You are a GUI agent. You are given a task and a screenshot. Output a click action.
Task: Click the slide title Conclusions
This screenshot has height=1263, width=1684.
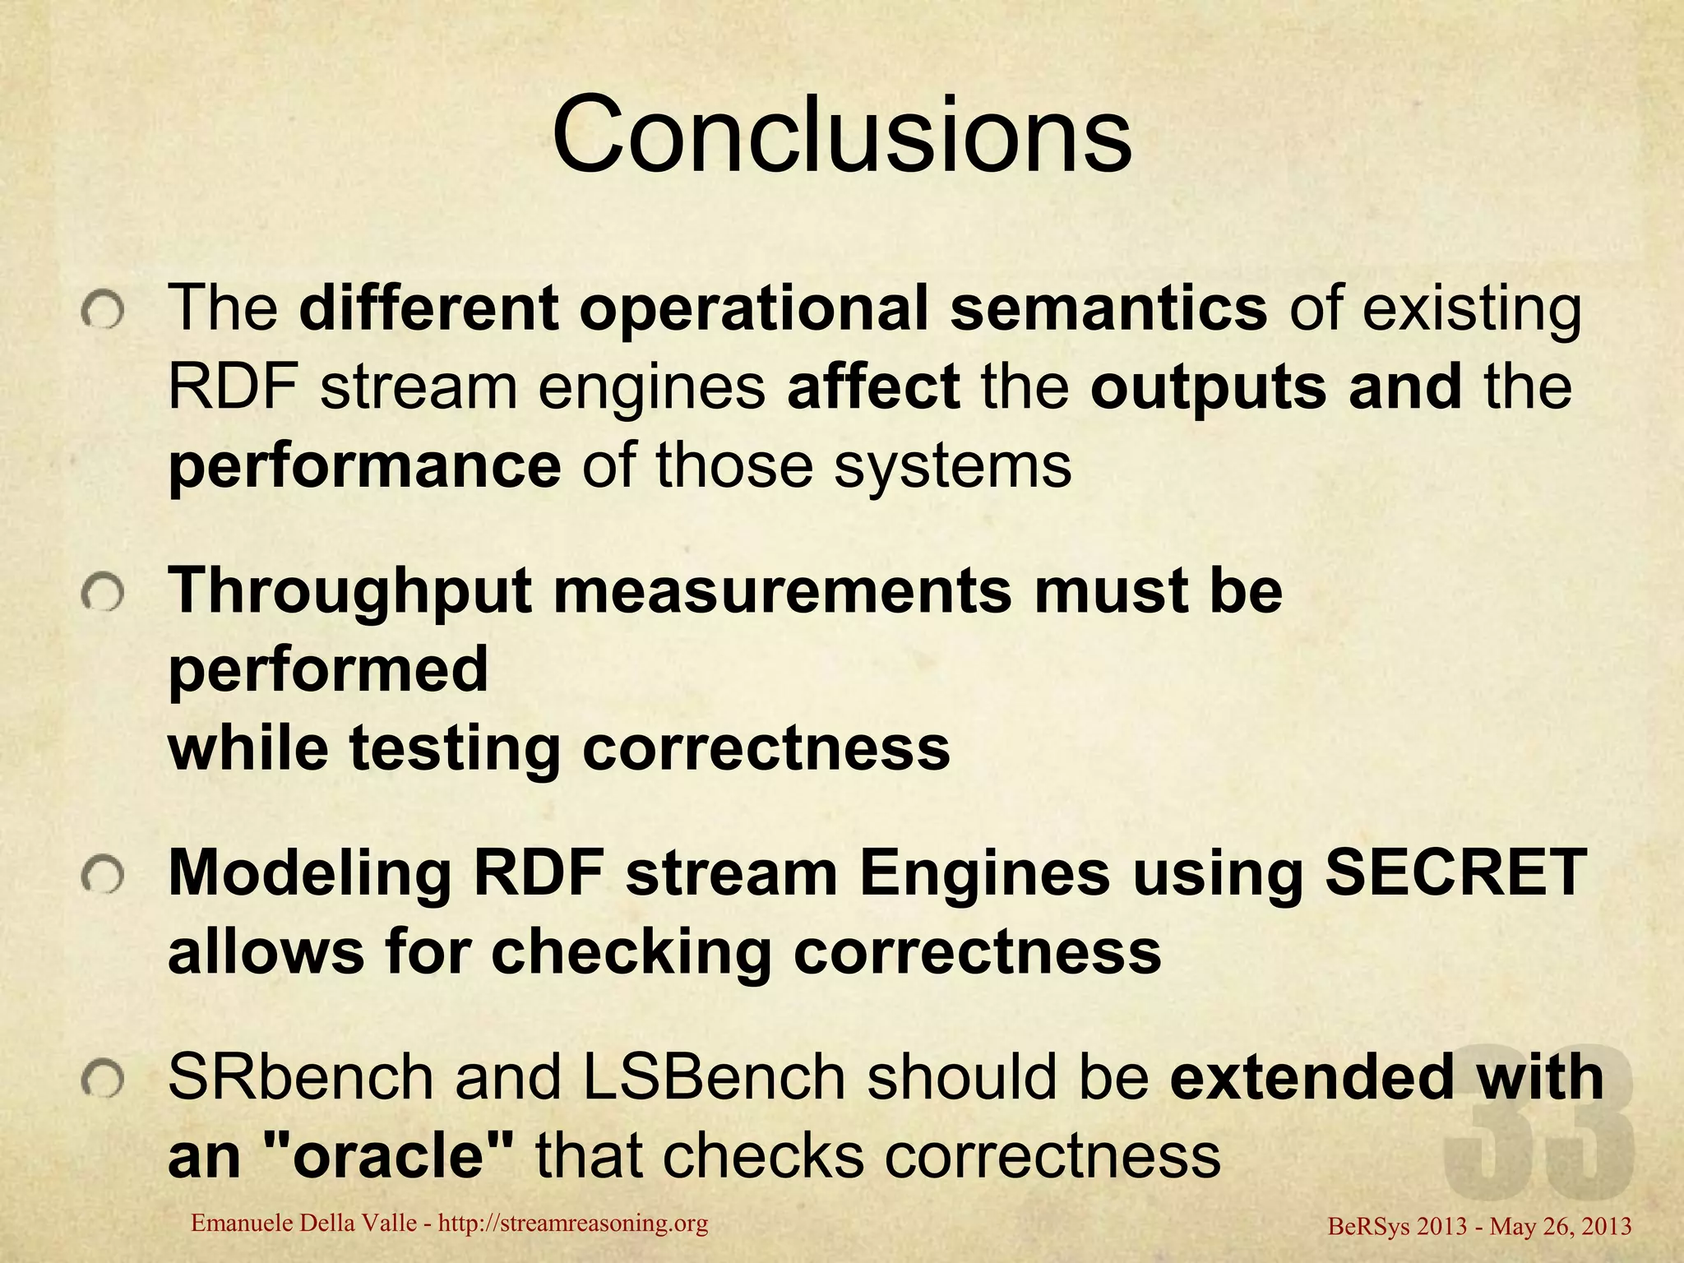841,134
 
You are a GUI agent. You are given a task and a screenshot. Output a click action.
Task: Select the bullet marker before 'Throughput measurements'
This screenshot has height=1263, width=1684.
103,594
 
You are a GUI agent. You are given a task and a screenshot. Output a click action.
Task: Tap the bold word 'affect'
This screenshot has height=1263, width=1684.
872,387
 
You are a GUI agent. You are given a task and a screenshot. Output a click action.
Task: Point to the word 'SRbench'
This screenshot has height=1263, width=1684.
300,1077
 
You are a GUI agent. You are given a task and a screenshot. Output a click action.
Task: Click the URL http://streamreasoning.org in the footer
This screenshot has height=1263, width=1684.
573,1224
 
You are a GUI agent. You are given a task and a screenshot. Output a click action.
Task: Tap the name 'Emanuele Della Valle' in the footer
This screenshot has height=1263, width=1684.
303,1224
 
